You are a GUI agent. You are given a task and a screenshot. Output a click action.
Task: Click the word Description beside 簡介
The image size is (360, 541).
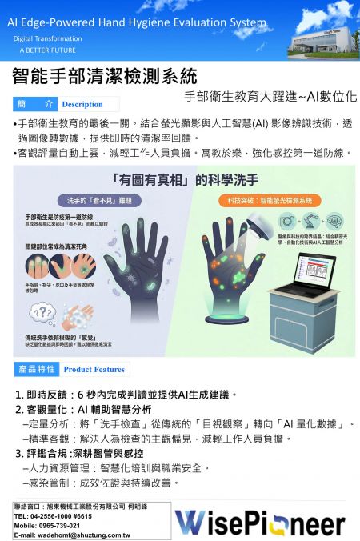pyautogui.click(x=82, y=105)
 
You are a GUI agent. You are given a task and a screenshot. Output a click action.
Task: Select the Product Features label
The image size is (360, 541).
pyautogui.click(x=94, y=370)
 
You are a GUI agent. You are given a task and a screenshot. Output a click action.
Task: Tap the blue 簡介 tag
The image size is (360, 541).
pyautogui.click(x=36, y=105)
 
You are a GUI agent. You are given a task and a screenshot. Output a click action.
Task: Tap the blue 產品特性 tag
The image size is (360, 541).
pyautogui.click(x=36, y=369)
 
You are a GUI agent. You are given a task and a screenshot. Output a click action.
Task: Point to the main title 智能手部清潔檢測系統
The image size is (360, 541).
pyautogui.click(x=104, y=78)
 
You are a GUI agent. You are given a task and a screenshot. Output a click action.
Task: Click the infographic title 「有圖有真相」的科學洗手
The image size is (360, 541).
pyautogui.click(x=179, y=178)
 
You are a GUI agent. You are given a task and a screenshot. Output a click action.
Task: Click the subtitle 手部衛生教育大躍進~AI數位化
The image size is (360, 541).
pyautogui.click(x=270, y=95)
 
